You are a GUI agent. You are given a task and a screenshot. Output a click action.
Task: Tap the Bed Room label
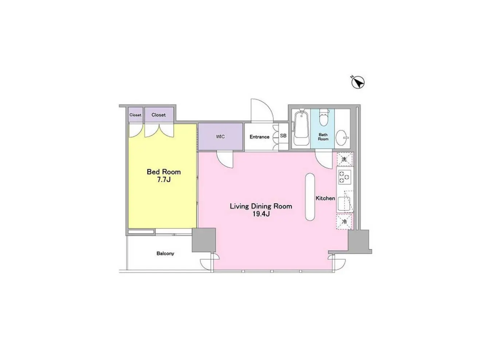click(164, 172)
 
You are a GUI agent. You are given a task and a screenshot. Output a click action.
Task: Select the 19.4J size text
click(261, 214)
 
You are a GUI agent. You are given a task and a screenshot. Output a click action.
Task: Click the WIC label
click(220, 137)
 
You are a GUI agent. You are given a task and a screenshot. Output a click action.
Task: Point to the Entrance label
click(259, 137)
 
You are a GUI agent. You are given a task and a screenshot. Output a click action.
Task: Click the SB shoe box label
click(283, 136)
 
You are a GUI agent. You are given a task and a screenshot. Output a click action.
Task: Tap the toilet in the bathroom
click(324, 117)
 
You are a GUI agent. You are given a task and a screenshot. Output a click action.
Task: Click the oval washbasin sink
click(342, 138)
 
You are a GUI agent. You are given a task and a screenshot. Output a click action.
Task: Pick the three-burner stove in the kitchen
click(345, 177)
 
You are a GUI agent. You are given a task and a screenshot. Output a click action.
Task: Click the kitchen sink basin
click(344, 203)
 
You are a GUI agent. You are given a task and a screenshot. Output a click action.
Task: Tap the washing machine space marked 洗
click(344, 159)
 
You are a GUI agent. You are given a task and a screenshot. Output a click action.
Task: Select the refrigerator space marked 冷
click(344, 222)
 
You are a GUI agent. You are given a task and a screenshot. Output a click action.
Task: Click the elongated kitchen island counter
click(310, 197)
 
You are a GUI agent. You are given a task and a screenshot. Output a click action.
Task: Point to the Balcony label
click(165, 254)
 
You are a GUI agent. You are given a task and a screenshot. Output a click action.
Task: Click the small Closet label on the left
click(135, 115)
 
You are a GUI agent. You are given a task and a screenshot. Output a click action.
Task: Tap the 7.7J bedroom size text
click(164, 180)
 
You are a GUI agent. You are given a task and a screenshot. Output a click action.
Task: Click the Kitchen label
click(325, 198)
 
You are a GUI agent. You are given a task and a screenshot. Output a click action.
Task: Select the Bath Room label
click(323, 137)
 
